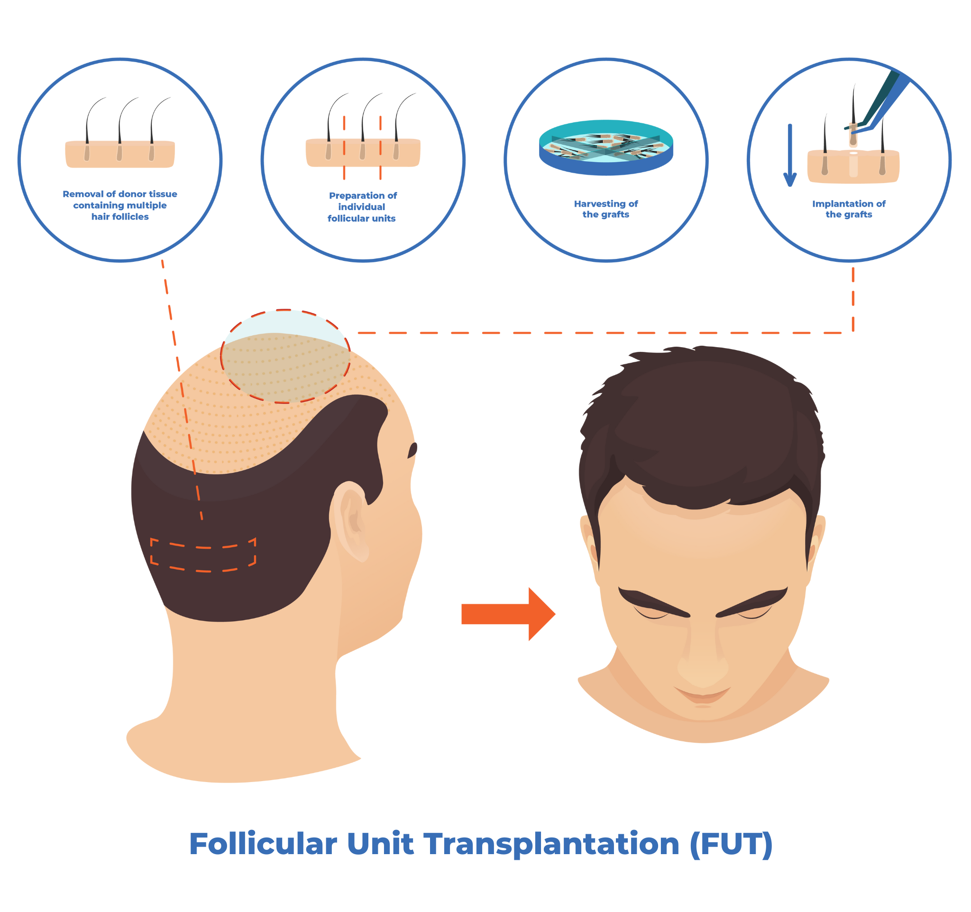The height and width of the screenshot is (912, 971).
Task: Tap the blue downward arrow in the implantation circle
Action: [790, 157]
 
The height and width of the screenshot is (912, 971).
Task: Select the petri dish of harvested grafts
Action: [605, 147]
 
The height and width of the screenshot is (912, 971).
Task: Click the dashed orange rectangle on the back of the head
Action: [203, 555]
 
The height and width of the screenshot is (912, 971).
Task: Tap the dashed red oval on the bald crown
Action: [285, 357]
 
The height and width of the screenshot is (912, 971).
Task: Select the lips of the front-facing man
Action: [703, 694]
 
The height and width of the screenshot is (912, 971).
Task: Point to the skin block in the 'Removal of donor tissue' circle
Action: [120, 155]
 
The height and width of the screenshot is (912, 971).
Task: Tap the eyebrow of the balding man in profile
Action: [413, 450]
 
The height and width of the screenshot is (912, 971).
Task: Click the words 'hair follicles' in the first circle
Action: [120, 217]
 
